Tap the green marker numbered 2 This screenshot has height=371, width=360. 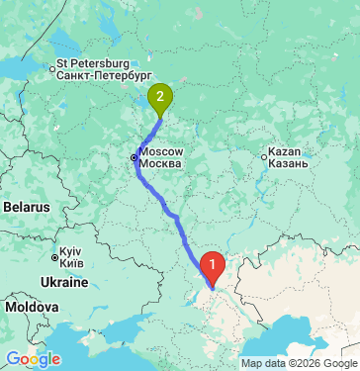160,97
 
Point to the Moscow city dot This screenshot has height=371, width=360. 135,156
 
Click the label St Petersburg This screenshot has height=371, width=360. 93,63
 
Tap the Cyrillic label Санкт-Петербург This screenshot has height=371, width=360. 104,74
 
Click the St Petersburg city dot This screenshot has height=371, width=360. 52,69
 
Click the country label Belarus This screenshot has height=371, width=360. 25,208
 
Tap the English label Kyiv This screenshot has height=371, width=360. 69,252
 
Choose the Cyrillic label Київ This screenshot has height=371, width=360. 70,263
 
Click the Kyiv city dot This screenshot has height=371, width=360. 54,258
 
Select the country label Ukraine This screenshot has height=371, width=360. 64,283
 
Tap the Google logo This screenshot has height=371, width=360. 34,358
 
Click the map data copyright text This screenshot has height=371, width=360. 299,363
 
